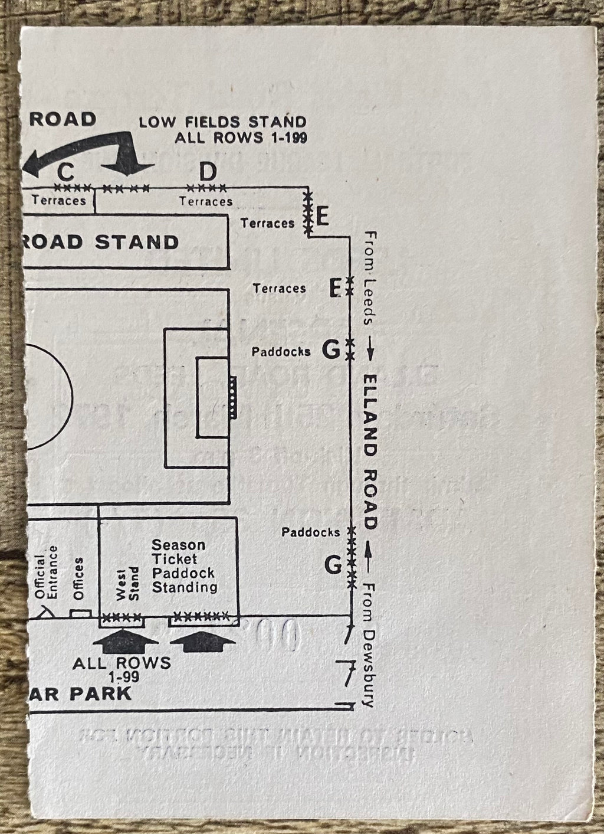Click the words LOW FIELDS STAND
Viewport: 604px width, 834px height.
point(222,122)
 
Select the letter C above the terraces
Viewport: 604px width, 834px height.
point(65,172)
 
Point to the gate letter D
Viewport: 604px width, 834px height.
point(208,172)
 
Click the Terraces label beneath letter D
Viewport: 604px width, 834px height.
point(206,201)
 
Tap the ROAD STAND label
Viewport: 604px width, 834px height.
point(100,242)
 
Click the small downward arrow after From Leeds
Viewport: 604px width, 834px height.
point(370,352)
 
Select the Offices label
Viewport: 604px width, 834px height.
point(78,578)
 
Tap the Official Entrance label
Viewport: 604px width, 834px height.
point(46,573)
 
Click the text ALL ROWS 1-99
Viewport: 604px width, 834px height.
point(122,666)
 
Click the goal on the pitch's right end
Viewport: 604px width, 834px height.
point(233,397)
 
